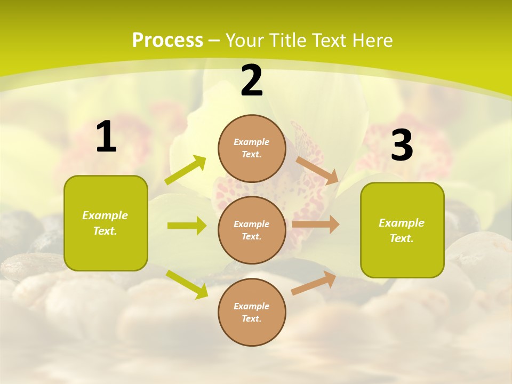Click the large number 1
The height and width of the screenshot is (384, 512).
coord(106,138)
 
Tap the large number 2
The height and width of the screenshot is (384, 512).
coord(252,81)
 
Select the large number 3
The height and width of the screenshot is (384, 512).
coord(402,145)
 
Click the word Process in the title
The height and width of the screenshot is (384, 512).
coord(167,40)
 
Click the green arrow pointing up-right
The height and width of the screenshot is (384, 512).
coord(186,170)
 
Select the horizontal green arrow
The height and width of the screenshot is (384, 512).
coord(187,226)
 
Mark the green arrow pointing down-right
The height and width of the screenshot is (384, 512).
coord(187,284)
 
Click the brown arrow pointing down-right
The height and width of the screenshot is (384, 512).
coord(317,170)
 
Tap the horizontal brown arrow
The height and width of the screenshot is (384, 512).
coord(315,225)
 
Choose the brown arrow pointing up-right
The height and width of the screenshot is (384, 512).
coord(314,283)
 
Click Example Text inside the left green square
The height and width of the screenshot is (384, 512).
coord(105,223)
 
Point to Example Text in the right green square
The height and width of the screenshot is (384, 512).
coord(402,230)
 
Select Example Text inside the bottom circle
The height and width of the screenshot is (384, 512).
coord(252,312)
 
